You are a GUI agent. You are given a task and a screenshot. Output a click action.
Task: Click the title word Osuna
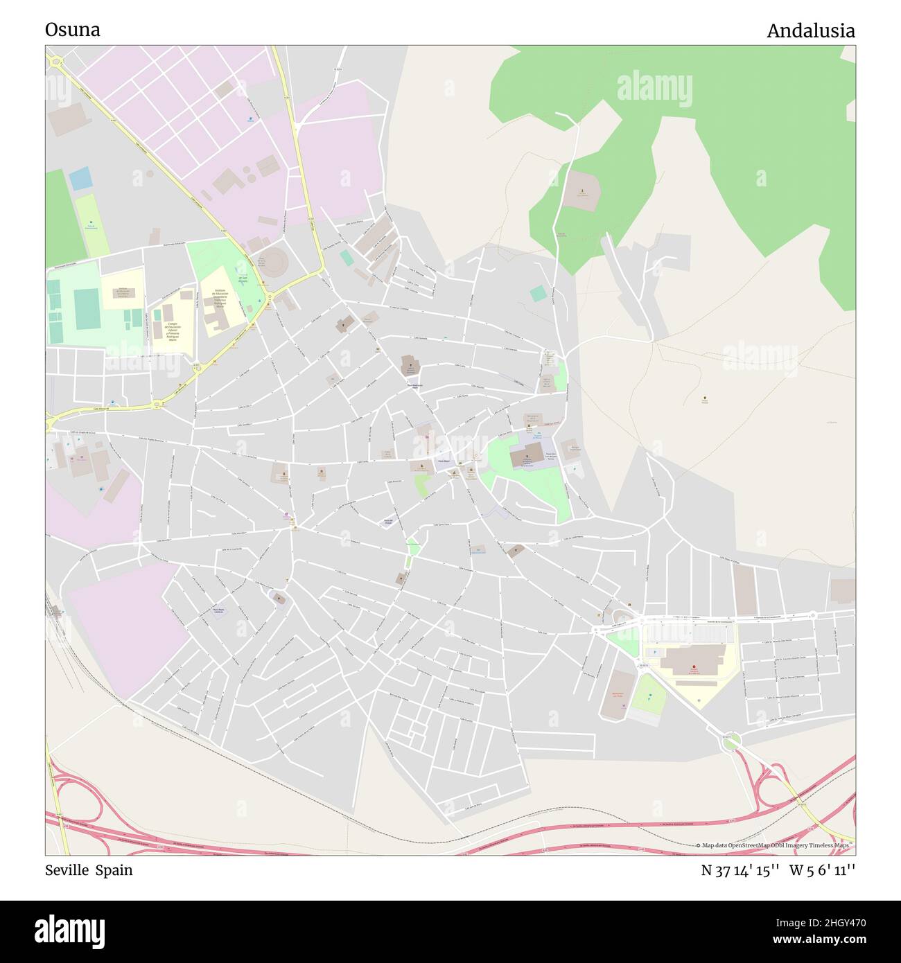coord(73,30)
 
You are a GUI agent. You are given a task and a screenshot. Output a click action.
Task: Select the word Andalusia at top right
coord(810,31)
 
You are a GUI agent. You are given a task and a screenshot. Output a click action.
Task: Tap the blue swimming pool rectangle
coord(80,179)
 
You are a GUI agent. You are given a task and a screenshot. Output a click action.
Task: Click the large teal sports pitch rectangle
coord(87,310)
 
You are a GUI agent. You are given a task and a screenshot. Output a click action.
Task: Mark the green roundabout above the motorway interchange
coord(730,742)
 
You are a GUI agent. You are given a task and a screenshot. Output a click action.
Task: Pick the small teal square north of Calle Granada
coord(538,294)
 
